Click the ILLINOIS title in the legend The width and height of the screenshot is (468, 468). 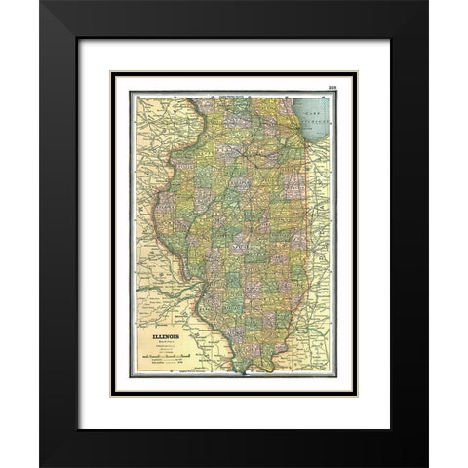tap(165, 339)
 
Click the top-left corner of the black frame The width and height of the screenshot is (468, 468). tap(41, 2)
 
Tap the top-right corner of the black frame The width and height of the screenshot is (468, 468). tap(426, 2)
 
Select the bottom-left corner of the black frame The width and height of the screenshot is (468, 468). tap(41, 465)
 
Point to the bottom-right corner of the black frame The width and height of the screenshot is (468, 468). tap(426, 465)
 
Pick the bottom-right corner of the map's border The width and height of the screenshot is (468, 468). tap(337, 376)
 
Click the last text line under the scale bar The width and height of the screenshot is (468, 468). tap(172, 367)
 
